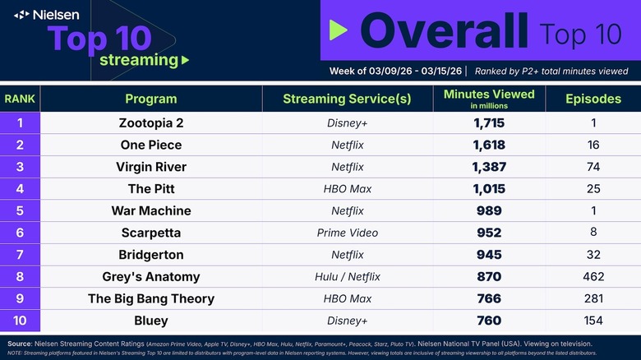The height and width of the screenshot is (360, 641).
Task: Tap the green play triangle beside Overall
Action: [338, 30]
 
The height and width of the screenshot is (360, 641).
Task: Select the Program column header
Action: [150, 99]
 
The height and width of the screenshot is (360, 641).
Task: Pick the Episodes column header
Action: [593, 99]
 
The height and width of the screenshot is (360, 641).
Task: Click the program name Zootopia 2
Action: [150, 123]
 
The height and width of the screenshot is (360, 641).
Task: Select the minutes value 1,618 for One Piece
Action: [488, 145]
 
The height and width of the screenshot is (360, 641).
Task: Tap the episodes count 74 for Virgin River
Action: [593, 167]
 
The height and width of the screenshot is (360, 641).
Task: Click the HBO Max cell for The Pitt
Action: [347, 188]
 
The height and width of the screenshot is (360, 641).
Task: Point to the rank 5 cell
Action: [20, 210]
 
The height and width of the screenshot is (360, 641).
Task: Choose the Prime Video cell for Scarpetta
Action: [347, 233]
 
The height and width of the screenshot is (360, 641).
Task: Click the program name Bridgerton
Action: [150, 254]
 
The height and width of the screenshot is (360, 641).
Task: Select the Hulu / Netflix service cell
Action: [347, 276]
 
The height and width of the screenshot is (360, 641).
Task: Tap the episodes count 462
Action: [593, 276]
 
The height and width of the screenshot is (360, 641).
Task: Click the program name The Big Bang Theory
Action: [150, 298]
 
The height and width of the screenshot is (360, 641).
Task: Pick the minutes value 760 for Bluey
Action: [488, 320]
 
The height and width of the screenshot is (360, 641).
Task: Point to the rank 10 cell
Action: [20, 320]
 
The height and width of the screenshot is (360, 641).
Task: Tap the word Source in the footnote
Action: [21, 343]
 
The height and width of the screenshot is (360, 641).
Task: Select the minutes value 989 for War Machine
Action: [488, 210]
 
